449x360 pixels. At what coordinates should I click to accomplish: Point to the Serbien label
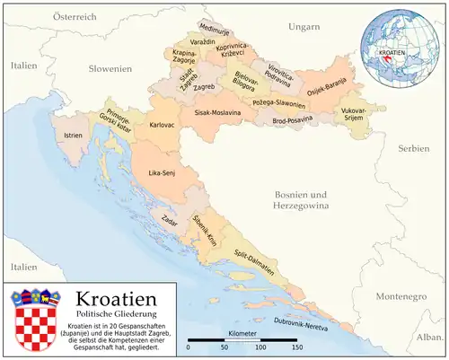click(x=414, y=147)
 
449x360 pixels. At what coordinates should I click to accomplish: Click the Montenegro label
click(x=400, y=294)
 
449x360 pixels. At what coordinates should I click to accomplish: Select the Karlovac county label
click(x=162, y=124)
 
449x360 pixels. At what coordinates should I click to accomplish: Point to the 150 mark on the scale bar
click(x=296, y=347)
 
